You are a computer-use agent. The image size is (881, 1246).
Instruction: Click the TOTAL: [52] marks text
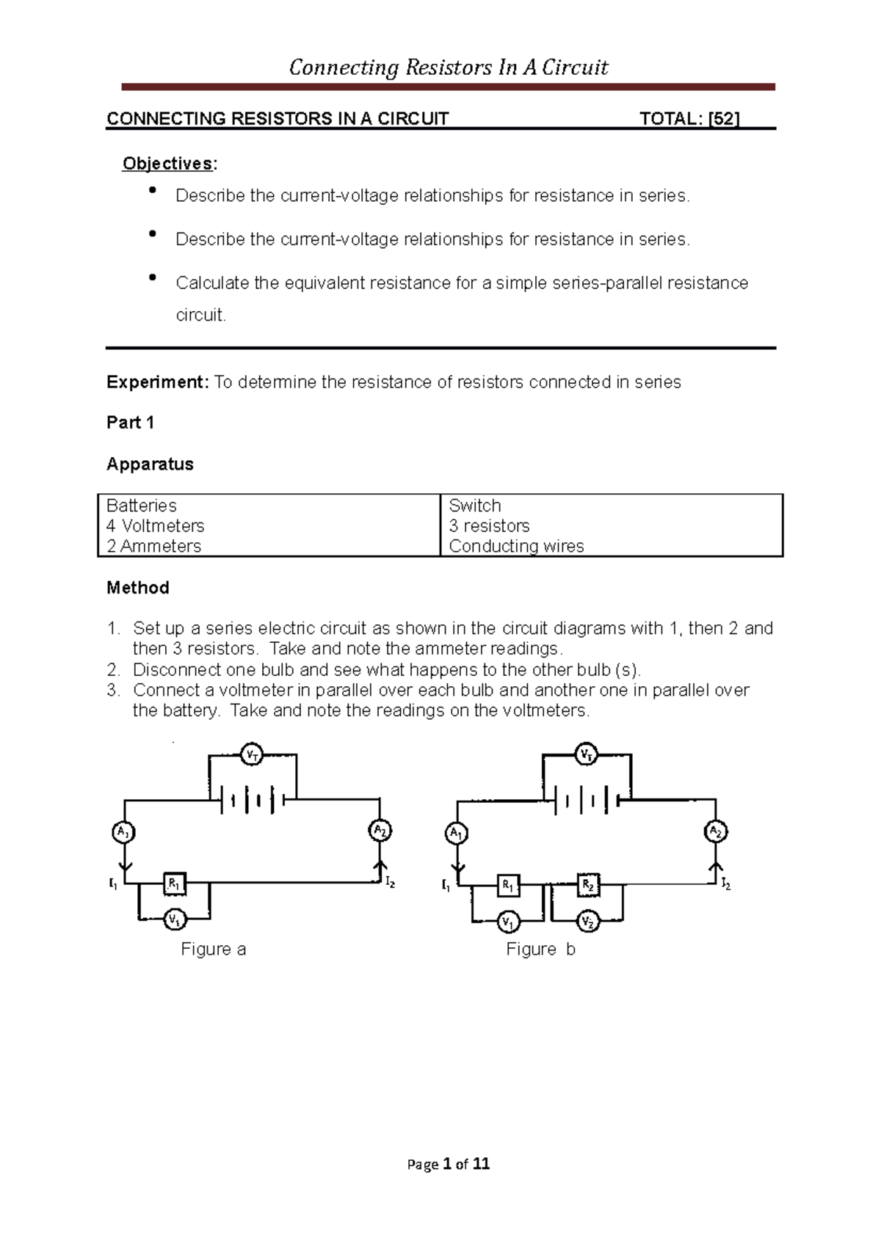coord(689,119)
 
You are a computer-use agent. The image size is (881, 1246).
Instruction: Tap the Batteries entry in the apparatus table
coord(142,506)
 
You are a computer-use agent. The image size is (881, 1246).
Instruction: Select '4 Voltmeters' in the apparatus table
coord(155,526)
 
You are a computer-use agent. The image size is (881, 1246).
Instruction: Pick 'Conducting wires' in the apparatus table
coord(516,546)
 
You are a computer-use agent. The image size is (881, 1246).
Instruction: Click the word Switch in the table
coord(475,506)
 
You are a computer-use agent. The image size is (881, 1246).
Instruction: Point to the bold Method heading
coord(138,588)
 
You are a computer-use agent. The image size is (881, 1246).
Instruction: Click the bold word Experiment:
coord(158,382)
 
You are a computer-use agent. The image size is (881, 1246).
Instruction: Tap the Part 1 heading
coord(130,423)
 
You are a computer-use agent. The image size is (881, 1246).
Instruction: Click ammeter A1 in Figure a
coord(124,832)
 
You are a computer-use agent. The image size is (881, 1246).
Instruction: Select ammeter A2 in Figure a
coord(380,831)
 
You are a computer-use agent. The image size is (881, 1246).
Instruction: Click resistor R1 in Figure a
coord(174,884)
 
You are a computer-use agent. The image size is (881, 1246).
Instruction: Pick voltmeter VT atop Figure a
coord(253,754)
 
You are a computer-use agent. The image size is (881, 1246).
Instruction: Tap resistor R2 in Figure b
coord(588,885)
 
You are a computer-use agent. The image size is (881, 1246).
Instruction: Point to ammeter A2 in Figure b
coord(716,832)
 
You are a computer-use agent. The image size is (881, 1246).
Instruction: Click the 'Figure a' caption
coord(213,950)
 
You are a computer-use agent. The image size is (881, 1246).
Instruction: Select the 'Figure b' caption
coord(540,950)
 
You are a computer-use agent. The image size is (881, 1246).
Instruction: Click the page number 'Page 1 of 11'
coord(449,1165)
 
